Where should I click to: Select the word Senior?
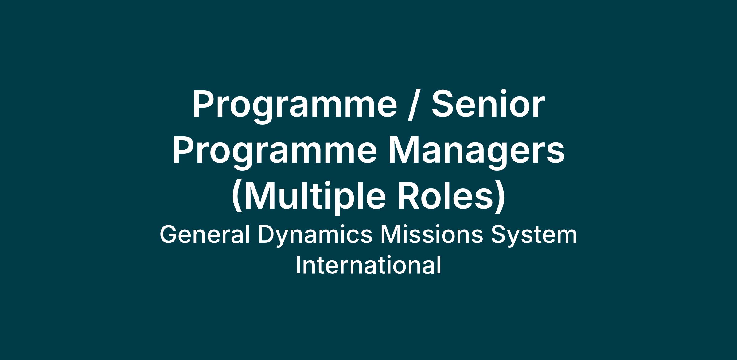pos(488,104)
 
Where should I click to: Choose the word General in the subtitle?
pos(205,235)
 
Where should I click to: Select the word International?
pos(368,265)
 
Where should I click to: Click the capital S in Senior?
pos(443,104)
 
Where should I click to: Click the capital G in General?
pos(169,235)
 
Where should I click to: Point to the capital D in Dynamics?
pos(267,235)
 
